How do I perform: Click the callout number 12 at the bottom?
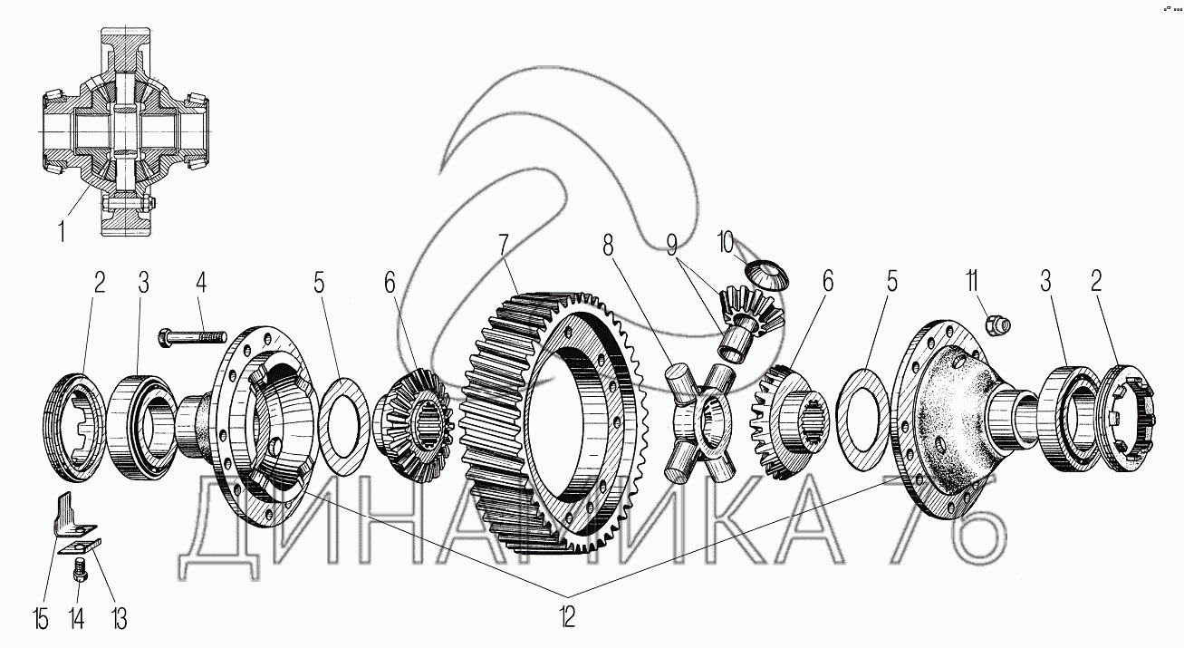pos(566,618)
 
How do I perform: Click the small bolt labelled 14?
pos(80,572)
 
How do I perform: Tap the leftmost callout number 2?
pos(99,282)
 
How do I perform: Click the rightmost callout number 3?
pos(1049,282)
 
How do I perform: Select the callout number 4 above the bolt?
pos(201,282)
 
